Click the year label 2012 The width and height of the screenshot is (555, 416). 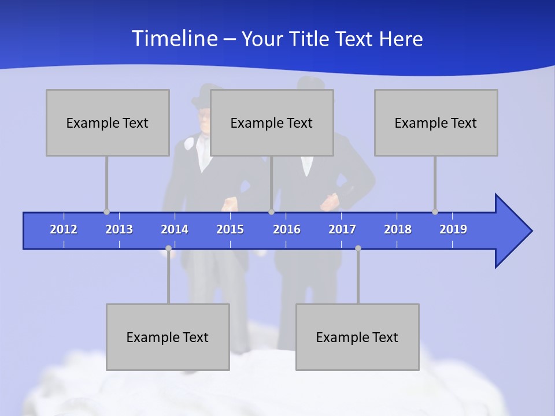tap(64, 229)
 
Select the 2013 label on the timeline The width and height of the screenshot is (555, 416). tap(119, 229)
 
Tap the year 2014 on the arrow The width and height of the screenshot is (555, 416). tap(175, 229)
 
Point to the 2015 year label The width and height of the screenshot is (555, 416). tap(230, 229)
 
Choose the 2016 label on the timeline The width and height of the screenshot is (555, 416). tap(287, 229)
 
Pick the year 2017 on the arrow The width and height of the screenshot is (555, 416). tap(342, 229)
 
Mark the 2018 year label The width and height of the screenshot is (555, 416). tap(398, 229)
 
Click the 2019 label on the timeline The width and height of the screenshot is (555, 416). tap(453, 229)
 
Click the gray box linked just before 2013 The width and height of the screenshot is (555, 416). tap(108, 122)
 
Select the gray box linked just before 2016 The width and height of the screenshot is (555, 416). tap(272, 122)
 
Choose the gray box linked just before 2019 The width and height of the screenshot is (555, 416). tap(436, 122)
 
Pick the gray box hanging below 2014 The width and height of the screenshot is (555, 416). tap(168, 337)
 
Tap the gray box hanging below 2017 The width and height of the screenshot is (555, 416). tap(357, 337)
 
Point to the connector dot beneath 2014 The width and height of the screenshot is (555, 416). tap(168, 248)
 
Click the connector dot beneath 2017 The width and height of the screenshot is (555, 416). tap(358, 248)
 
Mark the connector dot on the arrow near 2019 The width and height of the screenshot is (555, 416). tap(435, 211)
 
